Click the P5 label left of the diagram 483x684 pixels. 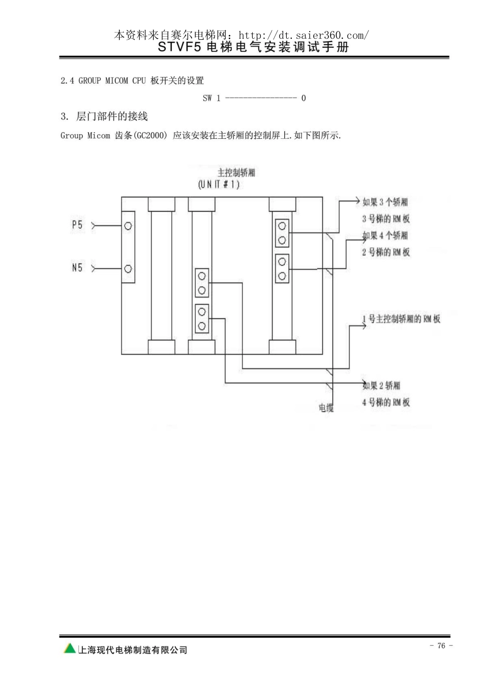pos(77,225)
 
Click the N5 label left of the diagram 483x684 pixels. pos(77,267)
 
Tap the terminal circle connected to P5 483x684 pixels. pos(128,226)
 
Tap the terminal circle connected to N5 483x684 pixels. pos(128,269)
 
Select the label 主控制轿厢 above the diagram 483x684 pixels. pos(236,172)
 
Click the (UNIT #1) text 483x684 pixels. pos(219,185)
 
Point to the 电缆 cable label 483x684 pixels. pos(326,408)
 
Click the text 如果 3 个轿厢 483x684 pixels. pos(385,202)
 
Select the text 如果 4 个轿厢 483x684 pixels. pos(385,235)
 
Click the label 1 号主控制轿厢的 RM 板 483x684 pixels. pos(401,319)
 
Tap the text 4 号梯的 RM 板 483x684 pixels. pos(386,402)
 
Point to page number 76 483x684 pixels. pos(441,645)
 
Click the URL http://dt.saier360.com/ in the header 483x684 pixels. pos(304,36)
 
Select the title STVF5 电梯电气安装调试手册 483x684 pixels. pos(253,47)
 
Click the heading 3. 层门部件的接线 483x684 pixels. pos(104,116)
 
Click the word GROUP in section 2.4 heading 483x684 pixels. pos(89,81)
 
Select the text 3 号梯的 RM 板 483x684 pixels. pos(386,219)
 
